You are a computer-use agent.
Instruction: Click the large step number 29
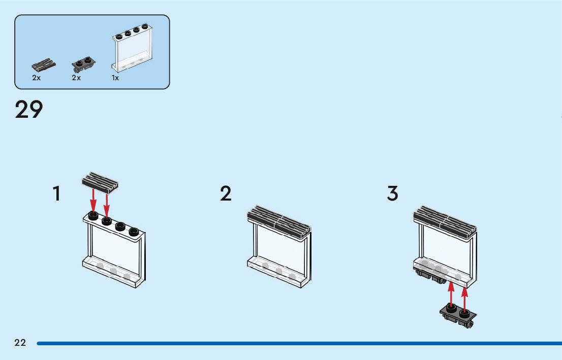click(x=29, y=110)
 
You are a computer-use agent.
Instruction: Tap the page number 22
click(x=20, y=343)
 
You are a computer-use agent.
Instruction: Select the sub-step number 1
click(x=57, y=193)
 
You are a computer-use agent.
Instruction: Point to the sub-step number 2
click(x=226, y=193)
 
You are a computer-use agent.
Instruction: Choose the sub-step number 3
click(x=392, y=193)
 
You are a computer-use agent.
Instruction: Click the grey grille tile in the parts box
click(x=44, y=64)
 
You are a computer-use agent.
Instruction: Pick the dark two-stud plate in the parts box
click(x=84, y=64)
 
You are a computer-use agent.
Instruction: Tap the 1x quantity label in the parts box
click(x=115, y=78)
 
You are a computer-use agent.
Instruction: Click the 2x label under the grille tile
click(x=36, y=78)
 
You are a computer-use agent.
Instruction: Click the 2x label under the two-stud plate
click(x=76, y=78)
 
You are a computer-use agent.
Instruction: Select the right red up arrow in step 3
click(x=464, y=298)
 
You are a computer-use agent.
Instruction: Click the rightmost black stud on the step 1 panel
click(x=134, y=232)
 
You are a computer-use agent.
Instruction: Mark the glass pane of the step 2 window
click(x=279, y=244)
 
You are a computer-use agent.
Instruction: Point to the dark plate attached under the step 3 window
click(x=431, y=276)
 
